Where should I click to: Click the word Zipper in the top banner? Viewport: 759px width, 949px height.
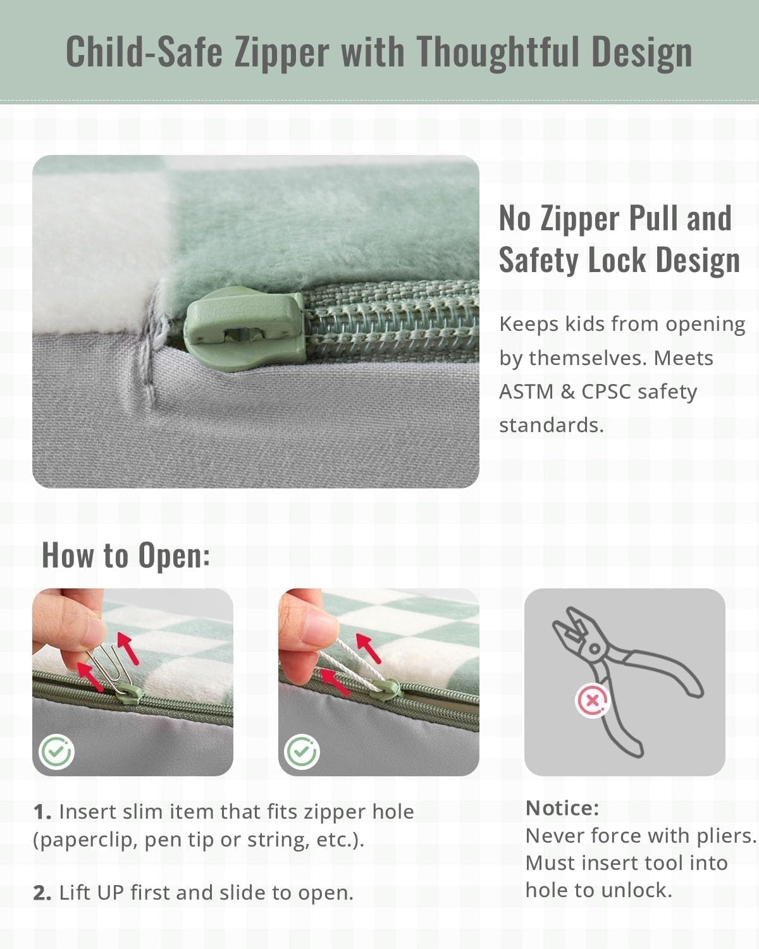pyautogui.click(x=281, y=53)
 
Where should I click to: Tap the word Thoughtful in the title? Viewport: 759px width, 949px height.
pyautogui.click(x=498, y=52)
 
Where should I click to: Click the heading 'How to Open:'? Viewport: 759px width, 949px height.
pyautogui.click(x=126, y=555)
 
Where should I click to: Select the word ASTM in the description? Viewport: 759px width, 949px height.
pyautogui.click(x=526, y=392)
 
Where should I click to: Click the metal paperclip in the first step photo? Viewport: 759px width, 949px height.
pyautogui.click(x=109, y=670)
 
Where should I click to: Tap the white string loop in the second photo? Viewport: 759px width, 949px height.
pyautogui.click(x=353, y=666)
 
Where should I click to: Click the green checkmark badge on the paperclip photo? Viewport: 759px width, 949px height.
pyautogui.click(x=56, y=752)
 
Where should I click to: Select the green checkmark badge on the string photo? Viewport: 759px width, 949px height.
pyautogui.click(x=302, y=752)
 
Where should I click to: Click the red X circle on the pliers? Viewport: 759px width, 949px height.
pyautogui.click(x=592, y=700)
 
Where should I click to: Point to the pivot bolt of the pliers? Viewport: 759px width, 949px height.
pyautogui.click(x=594, y=649)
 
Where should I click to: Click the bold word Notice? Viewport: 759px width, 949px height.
pyautogui.click(x=562, y=809)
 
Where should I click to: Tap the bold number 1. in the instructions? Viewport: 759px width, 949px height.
pyautogui.click(x=42, y=812)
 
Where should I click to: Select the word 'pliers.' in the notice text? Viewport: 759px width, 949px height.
pyautogui.click(x=727, y=836)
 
